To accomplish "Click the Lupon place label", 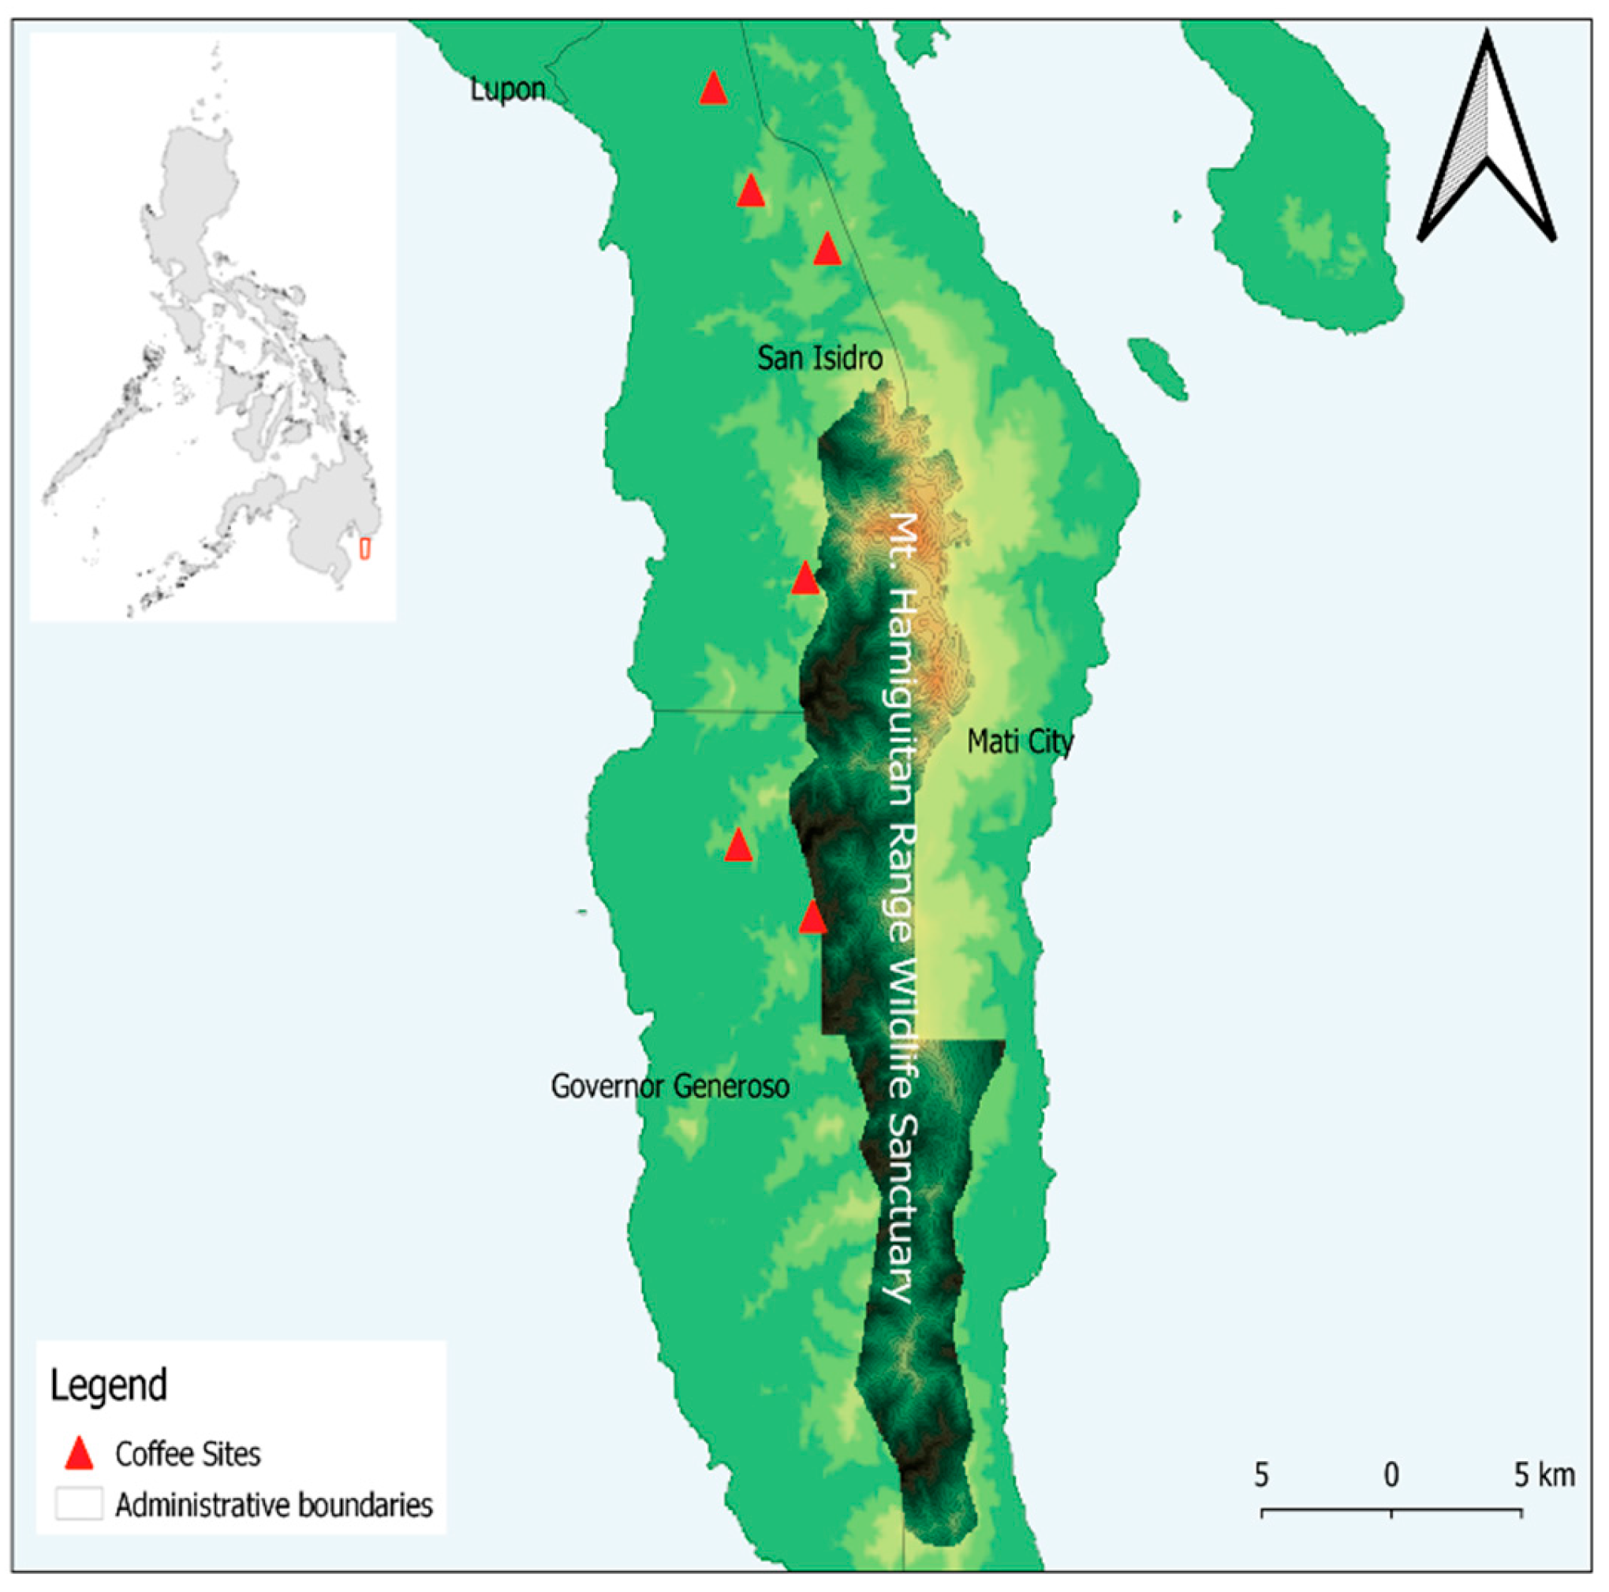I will pos(507,90).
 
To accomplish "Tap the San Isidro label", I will pos(819,359).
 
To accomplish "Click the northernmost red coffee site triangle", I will pos(713,88).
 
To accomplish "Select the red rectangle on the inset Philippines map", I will pos(364,549).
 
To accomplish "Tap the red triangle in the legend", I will pos(79,1454).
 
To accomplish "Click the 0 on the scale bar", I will pos(1391,1475).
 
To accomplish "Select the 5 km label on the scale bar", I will pos(1544,1475).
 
